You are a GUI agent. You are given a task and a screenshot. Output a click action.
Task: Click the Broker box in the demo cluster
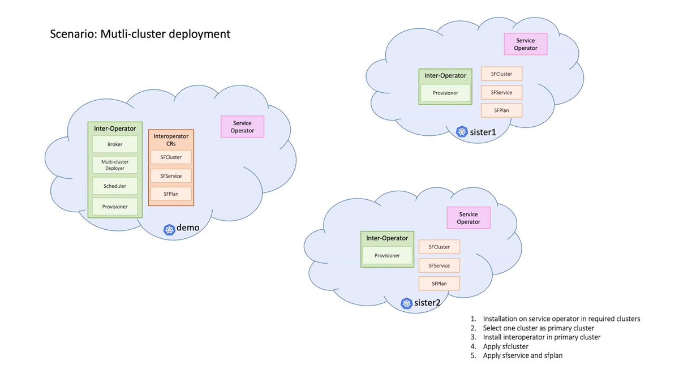pos(115,144)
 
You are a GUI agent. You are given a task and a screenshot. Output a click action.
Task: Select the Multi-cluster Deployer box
pos(115,165)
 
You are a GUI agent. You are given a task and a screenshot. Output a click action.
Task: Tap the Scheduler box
pos(115,186)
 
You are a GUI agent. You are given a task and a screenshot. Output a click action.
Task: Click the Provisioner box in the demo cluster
pos(115,207)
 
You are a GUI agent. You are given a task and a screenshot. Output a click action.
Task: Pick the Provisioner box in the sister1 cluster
pos(445,93)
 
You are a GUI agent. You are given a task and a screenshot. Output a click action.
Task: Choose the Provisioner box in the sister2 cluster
pos(387,255)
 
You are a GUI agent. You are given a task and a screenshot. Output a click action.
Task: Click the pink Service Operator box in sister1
pos(526,44)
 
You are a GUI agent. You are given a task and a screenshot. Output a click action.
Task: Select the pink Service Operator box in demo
pos(242,127)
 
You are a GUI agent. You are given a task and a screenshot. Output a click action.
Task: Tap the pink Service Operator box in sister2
pos(469,218)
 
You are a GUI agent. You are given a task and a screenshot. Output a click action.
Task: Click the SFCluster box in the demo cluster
pos(171,157)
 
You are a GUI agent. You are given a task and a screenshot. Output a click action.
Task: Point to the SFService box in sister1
pos(501,92)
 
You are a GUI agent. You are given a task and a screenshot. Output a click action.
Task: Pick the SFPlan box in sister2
pos(439,283)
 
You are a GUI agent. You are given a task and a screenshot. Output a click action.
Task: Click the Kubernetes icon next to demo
pos(169,229)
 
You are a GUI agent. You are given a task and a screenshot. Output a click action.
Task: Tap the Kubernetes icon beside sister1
pos(462,132)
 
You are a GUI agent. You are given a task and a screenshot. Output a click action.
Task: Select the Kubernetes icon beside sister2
pos(406,303)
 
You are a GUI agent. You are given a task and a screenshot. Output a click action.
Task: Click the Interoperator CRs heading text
pos(171,140)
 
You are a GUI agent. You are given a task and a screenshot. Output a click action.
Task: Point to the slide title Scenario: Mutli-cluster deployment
pos(140,34)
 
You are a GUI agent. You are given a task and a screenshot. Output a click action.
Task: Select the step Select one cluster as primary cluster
pos(538,328)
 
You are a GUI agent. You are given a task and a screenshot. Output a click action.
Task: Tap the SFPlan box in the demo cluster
pos(171,194)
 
